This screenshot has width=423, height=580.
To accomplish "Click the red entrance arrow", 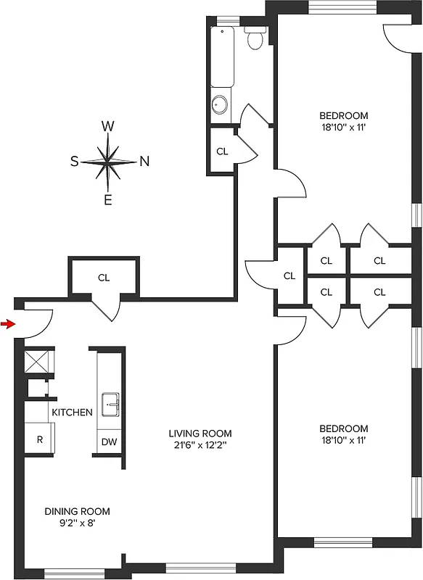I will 7,323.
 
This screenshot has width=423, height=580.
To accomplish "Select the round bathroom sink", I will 220,106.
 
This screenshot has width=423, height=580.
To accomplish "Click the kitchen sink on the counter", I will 111,405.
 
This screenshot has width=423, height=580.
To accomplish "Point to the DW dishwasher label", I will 109,442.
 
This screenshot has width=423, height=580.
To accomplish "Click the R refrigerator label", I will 39,440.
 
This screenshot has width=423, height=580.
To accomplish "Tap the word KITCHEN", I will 72,413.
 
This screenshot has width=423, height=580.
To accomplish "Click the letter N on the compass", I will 144,162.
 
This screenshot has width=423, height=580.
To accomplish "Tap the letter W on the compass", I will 108,126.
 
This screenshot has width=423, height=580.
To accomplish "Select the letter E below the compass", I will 108,200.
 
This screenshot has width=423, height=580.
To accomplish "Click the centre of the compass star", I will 108,161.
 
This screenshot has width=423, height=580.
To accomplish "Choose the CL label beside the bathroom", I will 223,152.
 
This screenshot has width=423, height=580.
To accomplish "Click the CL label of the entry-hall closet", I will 104,277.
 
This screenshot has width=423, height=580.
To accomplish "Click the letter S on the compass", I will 74,162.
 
